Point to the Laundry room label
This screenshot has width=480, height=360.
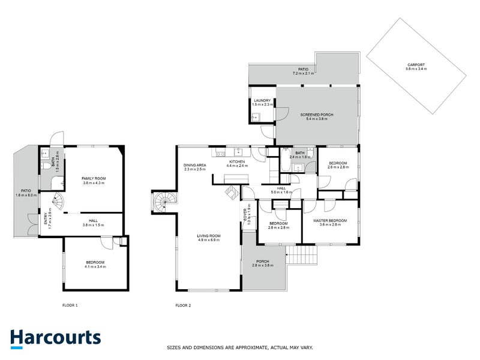pos(262,103)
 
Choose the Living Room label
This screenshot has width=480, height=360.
pos(209,237)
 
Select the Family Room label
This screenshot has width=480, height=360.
pos(94,181)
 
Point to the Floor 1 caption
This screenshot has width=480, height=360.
pos(70,305)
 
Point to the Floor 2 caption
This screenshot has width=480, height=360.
pos(183,305)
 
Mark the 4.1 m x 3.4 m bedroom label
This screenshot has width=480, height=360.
pos(95,264)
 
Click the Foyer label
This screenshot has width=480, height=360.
pos(245,215)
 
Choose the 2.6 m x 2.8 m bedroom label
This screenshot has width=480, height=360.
pos(339,165)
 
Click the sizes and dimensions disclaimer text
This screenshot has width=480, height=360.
pos(239,347)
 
